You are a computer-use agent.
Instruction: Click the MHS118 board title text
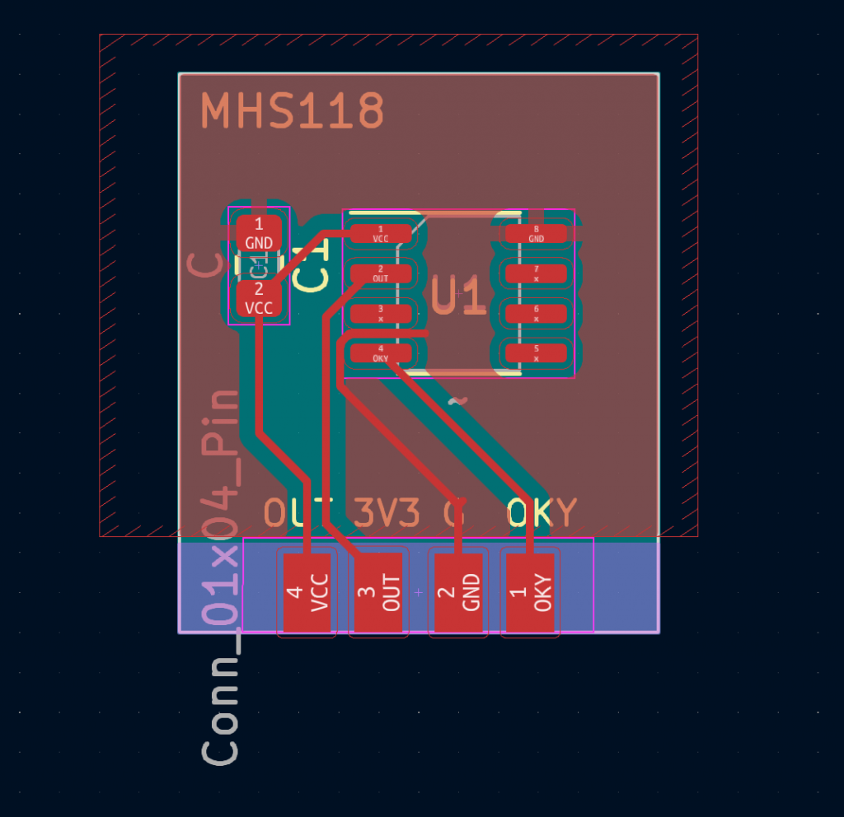(293, 111)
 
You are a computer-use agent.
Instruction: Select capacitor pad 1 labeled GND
(259, 233)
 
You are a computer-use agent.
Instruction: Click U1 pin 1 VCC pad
(380, 234)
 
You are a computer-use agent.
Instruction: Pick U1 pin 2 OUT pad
(380, 273)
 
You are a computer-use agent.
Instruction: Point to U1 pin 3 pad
(380, 313)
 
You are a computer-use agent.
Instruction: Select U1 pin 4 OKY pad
(380, 353)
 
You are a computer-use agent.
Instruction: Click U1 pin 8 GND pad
(537, 234)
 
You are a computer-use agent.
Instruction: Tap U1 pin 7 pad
(537, 273)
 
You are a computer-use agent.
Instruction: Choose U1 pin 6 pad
(537, 313)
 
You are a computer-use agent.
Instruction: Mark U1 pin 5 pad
(537, 353)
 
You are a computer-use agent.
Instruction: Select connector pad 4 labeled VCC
(306, 593)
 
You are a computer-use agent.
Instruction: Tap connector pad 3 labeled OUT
(379, 593)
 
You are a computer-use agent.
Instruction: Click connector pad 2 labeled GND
(458, 593)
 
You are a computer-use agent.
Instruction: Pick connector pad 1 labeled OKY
(530, 593)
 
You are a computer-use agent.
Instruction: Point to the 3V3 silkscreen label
(387, 512)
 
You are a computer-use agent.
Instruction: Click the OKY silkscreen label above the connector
(542, 512)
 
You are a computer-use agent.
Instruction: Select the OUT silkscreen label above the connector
(298, 512)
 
